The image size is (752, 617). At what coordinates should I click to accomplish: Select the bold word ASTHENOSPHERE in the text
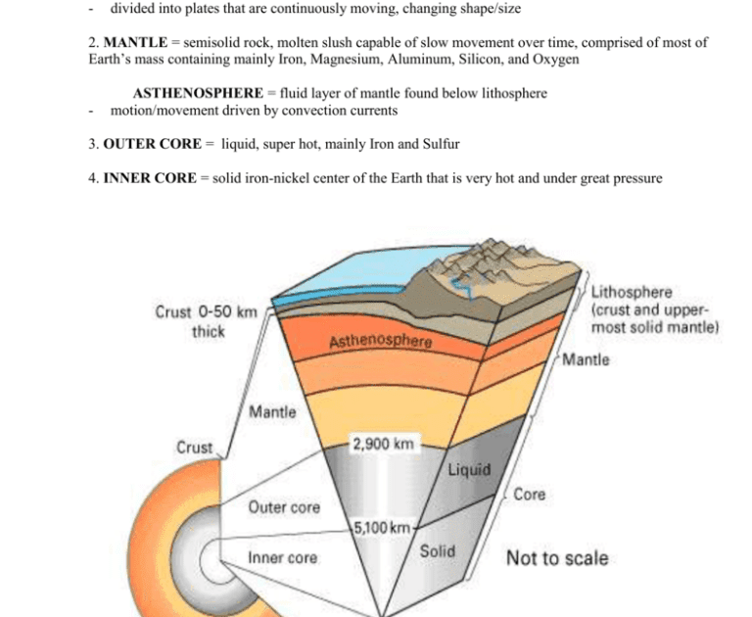[199, 93]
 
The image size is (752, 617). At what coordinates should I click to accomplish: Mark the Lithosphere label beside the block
[632, 292]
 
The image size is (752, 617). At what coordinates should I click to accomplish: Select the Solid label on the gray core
[437, 551]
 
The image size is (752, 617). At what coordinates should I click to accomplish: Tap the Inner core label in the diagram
[282, 558]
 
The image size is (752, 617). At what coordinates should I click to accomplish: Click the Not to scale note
[556, 558]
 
